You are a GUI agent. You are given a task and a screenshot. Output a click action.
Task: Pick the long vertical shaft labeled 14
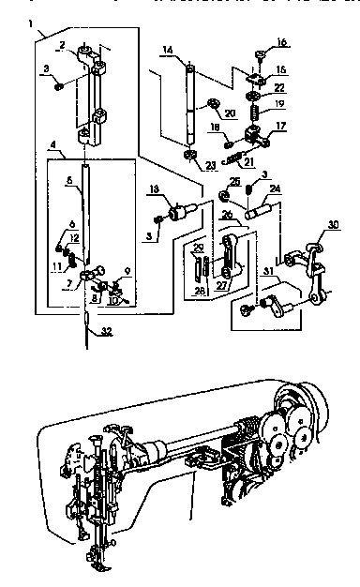[190, 103]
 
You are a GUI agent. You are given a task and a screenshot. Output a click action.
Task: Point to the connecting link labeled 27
[231, 259]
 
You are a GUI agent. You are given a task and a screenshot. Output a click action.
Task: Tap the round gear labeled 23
[190, 155]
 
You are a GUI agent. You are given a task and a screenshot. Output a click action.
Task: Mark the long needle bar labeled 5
[85, 211]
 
